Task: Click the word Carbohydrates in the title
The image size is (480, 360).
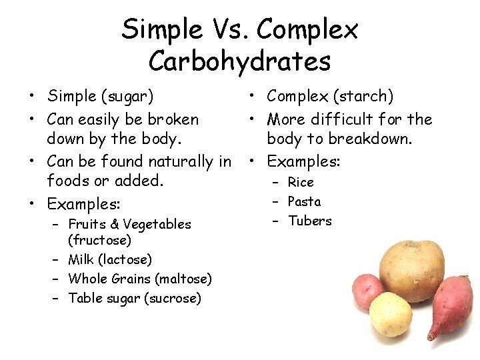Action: [240, 61]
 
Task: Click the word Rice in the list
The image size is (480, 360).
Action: [301, 183]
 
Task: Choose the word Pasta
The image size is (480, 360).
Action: [304, 201]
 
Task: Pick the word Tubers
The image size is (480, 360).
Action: [309, 221]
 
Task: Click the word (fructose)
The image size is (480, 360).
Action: [99, 239]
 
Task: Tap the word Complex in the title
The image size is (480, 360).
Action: [307, 29]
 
